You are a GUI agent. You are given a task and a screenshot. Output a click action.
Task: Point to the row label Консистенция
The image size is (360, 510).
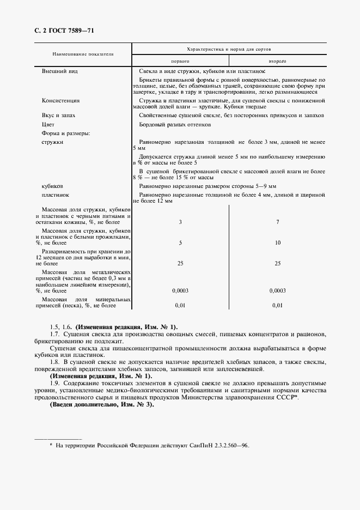pyautogui.click(x=60, y=101)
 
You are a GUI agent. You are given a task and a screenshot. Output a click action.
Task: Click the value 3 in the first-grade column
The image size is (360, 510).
pyautogui.click(x=180, y=222)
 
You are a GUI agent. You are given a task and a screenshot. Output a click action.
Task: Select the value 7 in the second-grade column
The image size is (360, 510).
pyautogui.click(x=278, y=222)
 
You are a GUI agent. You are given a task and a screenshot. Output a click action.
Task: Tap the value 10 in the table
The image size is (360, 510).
pyautogui.click(x=278, y=242)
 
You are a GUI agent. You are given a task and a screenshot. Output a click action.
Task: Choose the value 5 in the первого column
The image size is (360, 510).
pyautogui.click(x=180, y=242)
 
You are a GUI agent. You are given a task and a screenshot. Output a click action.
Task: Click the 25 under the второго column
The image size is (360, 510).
pyautogui.click(x=278, y=263)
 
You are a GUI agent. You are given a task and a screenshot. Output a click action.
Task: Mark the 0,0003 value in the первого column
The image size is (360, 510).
pyautogui.click(x=180, y=290)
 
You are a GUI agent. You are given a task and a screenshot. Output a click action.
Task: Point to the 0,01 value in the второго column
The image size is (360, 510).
pyautogui.click(x=278, y=306)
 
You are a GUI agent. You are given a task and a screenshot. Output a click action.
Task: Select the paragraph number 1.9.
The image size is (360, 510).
pyautogui.click(x=54, y=384)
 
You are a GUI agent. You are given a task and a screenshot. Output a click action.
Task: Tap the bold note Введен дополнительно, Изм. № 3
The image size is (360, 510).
pyautogui.click(x=102, y=405)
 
